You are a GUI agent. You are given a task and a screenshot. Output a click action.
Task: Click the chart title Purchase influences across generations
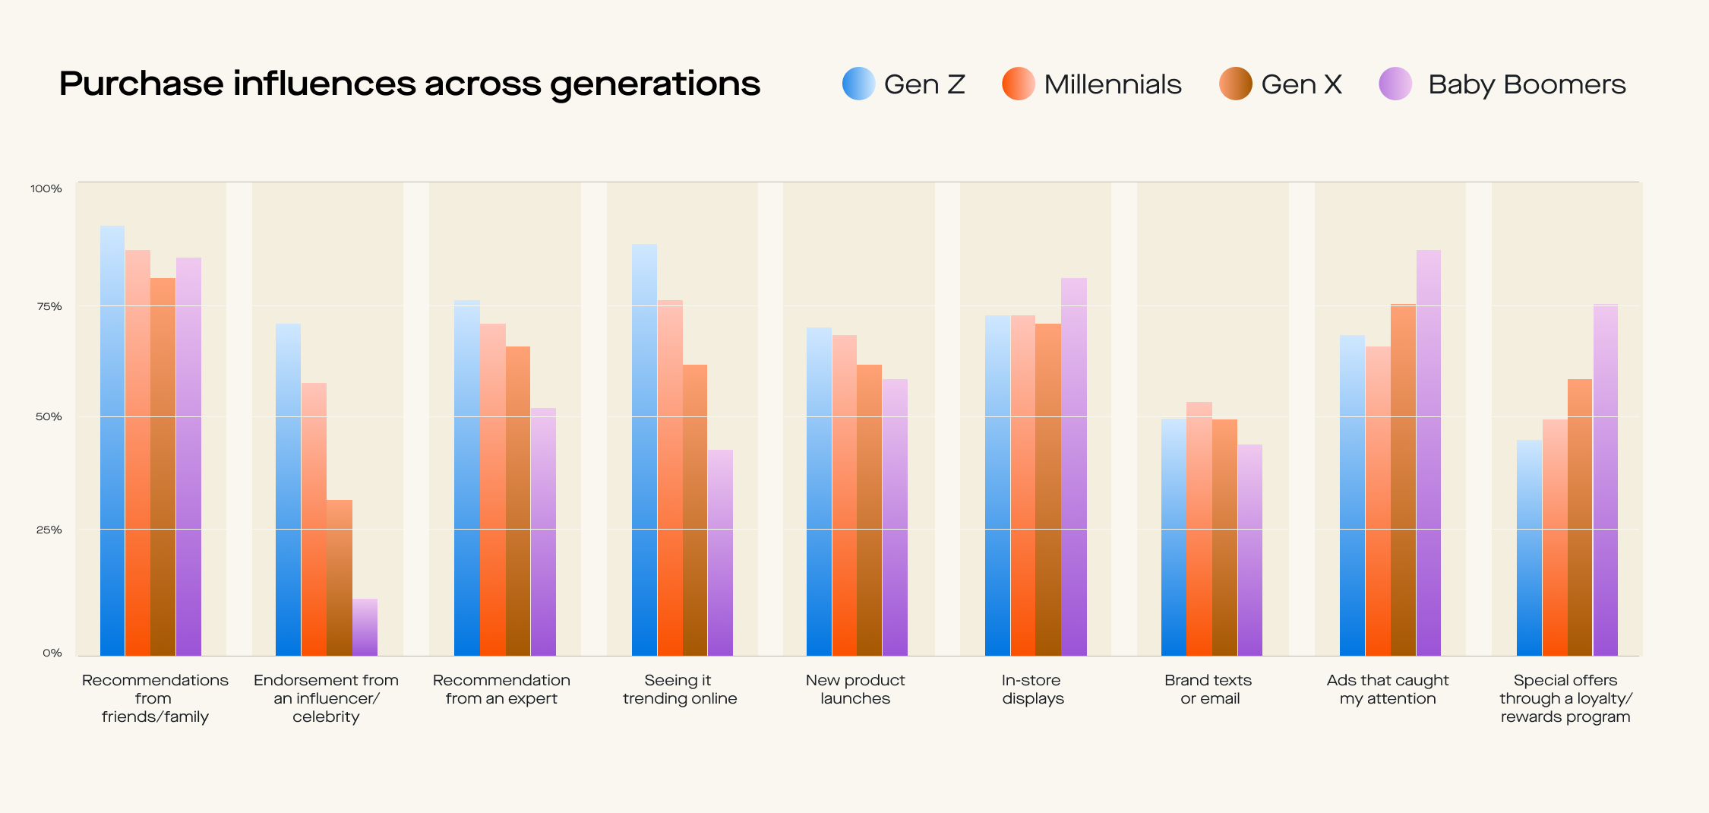coord(409,84)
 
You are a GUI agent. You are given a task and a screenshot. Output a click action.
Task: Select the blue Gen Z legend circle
coord(858,84)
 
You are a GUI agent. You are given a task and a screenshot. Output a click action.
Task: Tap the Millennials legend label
coord(1112,84)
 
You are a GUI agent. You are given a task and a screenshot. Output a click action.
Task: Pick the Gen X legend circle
coord(1235,84)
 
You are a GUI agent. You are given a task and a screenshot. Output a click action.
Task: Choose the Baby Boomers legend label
coord(1526,84)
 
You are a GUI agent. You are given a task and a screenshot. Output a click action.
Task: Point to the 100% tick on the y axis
coord(46,188)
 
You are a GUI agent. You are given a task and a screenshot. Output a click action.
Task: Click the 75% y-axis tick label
coord(49,306)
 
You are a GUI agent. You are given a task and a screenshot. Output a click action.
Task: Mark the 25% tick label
coord(49,530)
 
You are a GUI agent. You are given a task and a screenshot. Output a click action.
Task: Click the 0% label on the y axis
coord(52,653)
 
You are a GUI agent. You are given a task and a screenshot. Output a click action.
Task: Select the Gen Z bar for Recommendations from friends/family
coord(112,441)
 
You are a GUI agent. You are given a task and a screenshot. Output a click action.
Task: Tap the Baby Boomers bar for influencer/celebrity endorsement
coord(365,628)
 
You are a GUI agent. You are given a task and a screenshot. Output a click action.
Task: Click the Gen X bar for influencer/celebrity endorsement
coord(340,577)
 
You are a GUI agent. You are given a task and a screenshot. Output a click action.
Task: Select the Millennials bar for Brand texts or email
coord(1199,529)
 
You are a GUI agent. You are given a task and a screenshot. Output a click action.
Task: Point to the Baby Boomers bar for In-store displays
coord(1073,467)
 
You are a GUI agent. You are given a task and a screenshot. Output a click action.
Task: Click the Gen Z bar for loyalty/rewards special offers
coord(1529,548)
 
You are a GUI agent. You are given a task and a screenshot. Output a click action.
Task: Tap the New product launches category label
coord(855,689)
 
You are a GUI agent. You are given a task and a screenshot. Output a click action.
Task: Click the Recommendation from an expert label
coord(501,689)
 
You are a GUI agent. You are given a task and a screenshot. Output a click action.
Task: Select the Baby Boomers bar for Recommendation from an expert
coord(543,532)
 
